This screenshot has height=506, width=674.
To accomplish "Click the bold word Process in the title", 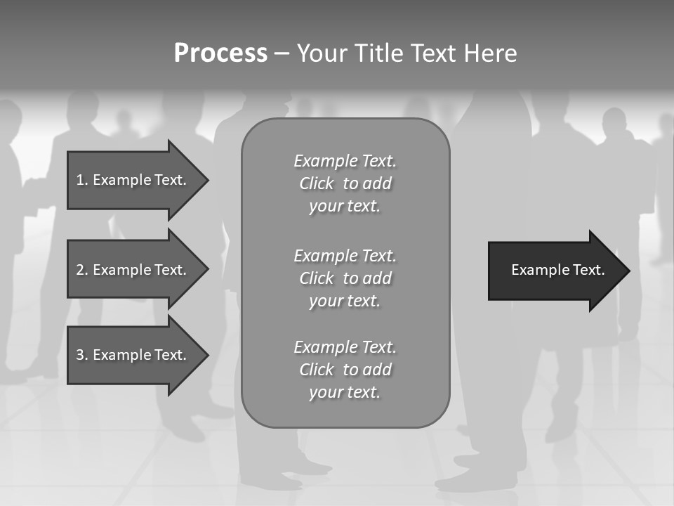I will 220,53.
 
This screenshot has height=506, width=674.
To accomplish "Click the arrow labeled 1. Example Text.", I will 132,180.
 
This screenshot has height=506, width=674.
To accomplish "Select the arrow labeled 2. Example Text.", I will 132,270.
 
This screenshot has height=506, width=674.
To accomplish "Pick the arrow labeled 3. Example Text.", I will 132,355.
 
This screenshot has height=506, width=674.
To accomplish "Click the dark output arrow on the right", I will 555,270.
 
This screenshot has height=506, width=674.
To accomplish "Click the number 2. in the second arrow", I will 81,270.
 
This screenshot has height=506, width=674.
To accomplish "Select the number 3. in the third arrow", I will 81,355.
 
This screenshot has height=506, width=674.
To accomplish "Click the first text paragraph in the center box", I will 345,183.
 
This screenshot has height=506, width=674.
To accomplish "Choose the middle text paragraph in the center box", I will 345,278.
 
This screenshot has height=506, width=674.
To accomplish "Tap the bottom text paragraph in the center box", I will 345,370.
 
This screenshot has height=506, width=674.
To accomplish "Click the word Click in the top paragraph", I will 316,183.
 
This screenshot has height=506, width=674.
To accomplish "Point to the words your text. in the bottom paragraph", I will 344,392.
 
